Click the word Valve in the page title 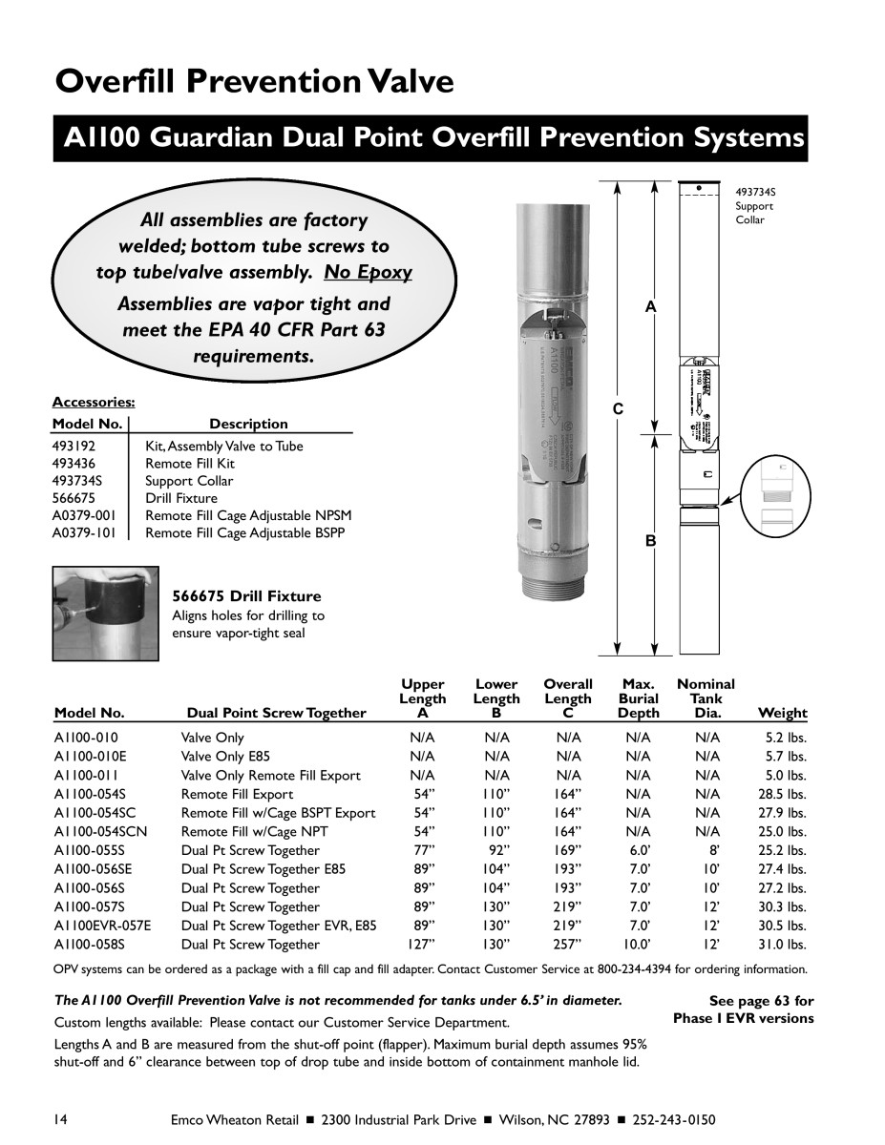coord(401,82)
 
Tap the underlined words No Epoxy coord(369,273)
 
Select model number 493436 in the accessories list coord(74,464)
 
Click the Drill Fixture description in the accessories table coord(181,498)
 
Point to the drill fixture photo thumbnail coord(105,614)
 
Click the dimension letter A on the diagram coord(650,307)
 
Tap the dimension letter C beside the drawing coord(618,408)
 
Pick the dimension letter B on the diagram coord(650,541)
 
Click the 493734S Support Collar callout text coord(754,206)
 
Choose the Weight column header coord(782,713)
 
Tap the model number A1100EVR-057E coord(102,926)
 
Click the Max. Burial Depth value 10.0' coord(638,945)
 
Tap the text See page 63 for coord(761,1001)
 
